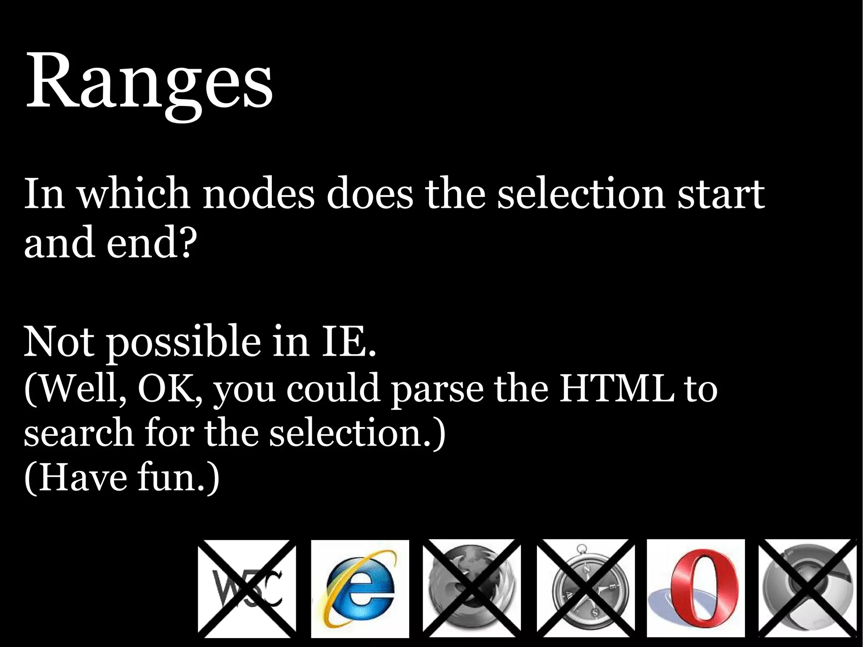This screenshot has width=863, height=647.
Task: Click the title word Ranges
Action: coord(150,82)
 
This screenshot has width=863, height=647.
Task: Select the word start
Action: coord(721,195)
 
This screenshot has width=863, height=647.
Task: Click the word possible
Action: coord(183,342)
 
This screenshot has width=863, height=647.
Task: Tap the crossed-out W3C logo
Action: coord(247,588)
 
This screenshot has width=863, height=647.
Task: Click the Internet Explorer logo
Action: coord(360,588)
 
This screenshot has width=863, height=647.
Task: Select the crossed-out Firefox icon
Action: coord(472,588)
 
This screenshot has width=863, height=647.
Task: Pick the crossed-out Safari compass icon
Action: coord(585,588)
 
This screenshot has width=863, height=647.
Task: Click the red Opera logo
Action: coord(696,588)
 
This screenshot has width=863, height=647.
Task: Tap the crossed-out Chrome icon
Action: coord(807,588)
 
